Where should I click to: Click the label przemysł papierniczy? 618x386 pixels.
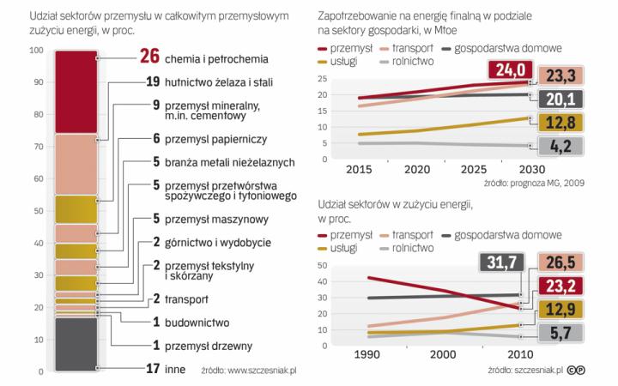[x=215, y=137]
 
